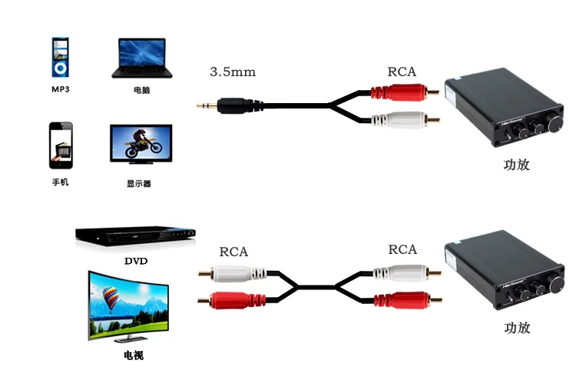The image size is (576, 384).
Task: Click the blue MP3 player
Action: tap(60, 57)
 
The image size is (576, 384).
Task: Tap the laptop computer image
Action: tap(142, 58)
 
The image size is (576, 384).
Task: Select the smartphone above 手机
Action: tap(61, 145)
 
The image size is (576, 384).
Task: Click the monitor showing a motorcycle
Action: tap(141, 144)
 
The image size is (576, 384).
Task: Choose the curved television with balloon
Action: tap(128, 306)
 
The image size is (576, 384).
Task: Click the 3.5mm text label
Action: tap(233, 72)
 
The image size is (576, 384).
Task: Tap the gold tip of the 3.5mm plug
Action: tap(201, 106)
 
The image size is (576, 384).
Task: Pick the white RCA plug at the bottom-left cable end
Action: tap(232, 273)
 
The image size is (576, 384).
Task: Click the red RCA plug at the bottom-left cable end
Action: tap(232, 300)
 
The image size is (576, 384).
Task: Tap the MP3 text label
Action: tap(60, 89)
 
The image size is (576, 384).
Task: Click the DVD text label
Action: tap(136, 261)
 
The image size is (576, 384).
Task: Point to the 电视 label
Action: tap(134, 356)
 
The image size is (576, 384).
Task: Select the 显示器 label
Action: tap(139, 183)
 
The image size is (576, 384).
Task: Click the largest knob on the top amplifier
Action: tap(554, 122)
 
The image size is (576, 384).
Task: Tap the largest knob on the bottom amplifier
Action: tap(555, 285)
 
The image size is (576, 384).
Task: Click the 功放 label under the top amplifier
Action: tap(517, 165)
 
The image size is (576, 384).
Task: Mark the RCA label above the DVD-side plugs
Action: tap(233, 252)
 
